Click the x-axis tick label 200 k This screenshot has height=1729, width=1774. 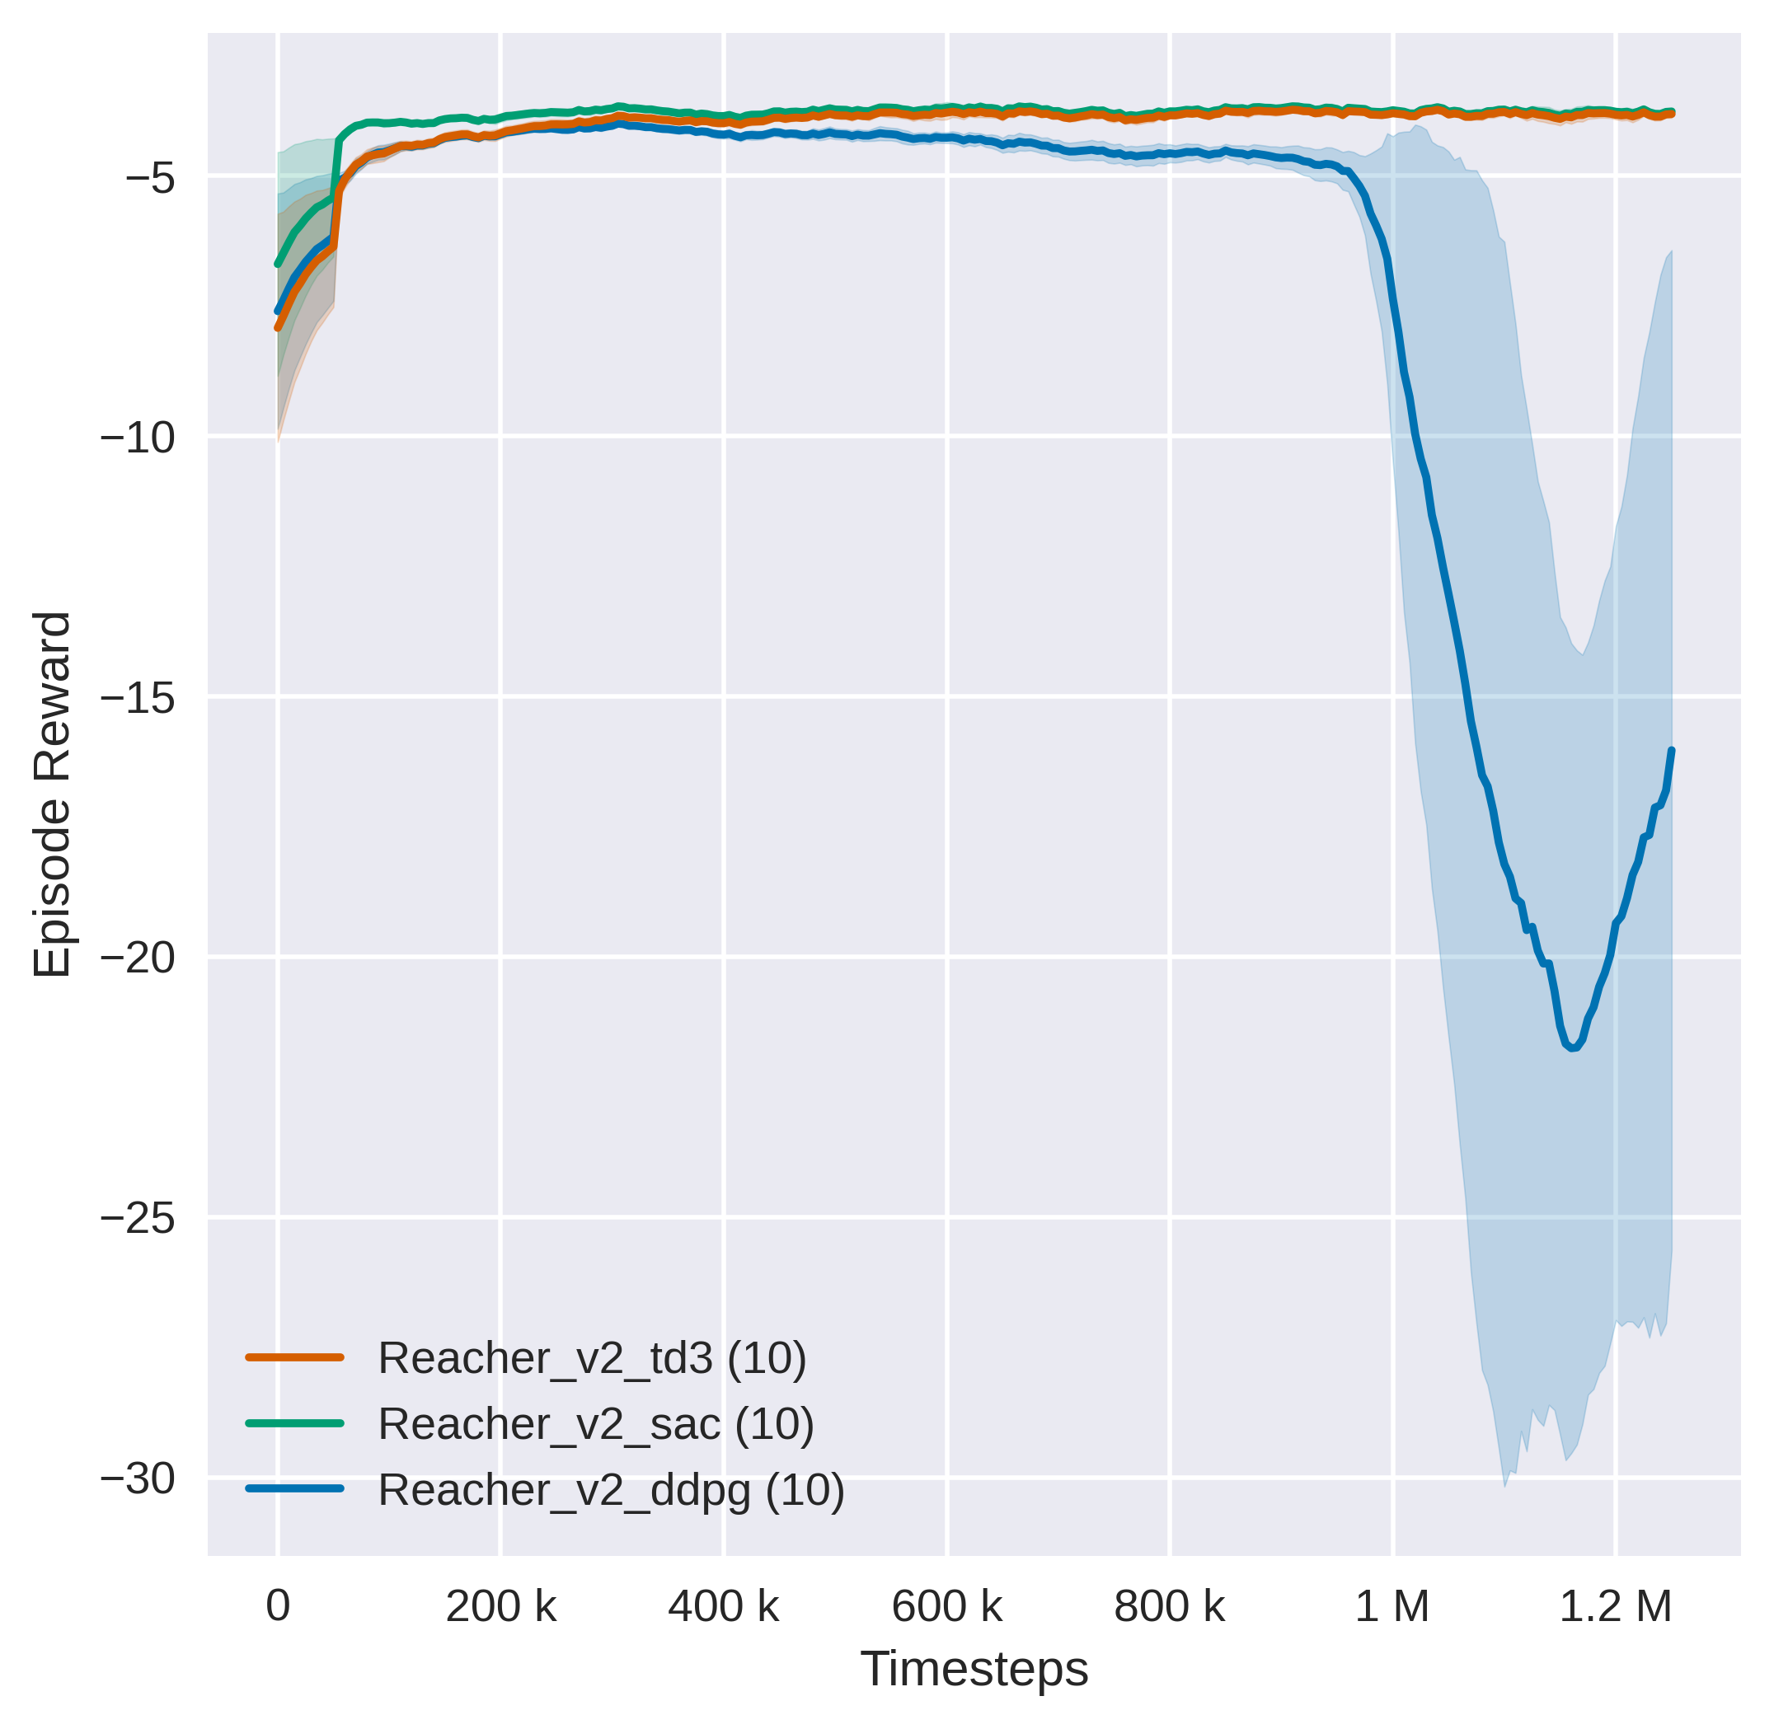500,1607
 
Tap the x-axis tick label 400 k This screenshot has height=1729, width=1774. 723,1607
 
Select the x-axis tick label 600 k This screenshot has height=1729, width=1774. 946,1607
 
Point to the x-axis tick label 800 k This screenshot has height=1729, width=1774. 1169,1607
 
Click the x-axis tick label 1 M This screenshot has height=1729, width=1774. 1392,1607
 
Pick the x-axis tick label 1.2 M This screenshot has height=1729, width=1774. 1615,1607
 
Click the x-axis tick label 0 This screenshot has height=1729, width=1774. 278,1607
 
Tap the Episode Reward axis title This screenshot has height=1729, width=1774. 52,794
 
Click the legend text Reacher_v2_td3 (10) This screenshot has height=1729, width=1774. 592,1358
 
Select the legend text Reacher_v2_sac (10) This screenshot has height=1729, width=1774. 596,1424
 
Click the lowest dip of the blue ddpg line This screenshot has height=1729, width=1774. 1572,1049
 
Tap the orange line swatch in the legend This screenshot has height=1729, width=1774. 294,1357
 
